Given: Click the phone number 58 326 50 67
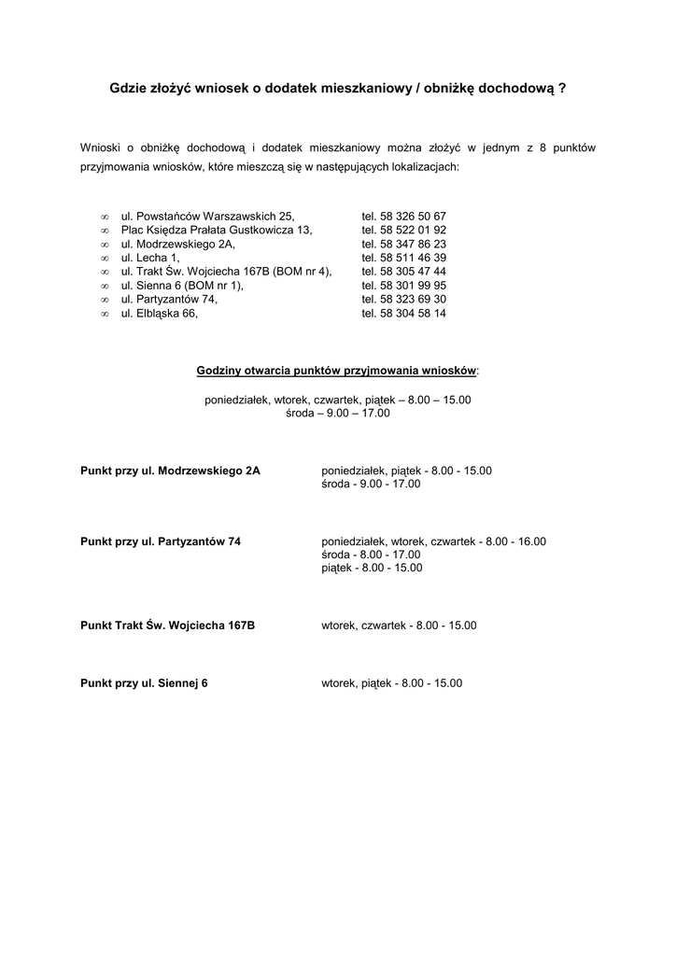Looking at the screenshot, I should tap(404, 216).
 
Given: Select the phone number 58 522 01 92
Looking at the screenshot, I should tap(404, 230).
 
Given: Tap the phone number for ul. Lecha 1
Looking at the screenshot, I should tap(404, 258).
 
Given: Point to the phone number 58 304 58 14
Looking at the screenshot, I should tap(404, 314).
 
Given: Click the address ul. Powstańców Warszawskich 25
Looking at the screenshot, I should tap(208, 216).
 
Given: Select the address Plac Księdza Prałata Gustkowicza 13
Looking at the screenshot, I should tap(217, 230).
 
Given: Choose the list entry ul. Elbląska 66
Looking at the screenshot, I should tap(160, 314).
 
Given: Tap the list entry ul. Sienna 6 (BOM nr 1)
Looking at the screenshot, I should tap(182, 286).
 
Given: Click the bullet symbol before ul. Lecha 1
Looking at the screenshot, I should tap(104, 258).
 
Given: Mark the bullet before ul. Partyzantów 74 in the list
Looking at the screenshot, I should tap(104, 300).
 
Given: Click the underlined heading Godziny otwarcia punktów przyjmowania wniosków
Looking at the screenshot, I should tap(336, 371).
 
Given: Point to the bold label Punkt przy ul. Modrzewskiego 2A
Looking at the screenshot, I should tap(171, 471).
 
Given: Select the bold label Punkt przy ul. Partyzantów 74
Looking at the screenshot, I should tap(161, 541).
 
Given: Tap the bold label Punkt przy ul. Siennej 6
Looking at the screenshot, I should tap(145, 683).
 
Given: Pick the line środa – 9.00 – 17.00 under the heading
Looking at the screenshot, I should tap(338, 413).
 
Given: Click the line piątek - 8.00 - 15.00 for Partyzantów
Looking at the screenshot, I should tap(372, 568).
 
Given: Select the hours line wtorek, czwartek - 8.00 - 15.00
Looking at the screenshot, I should tap(399, 626).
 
